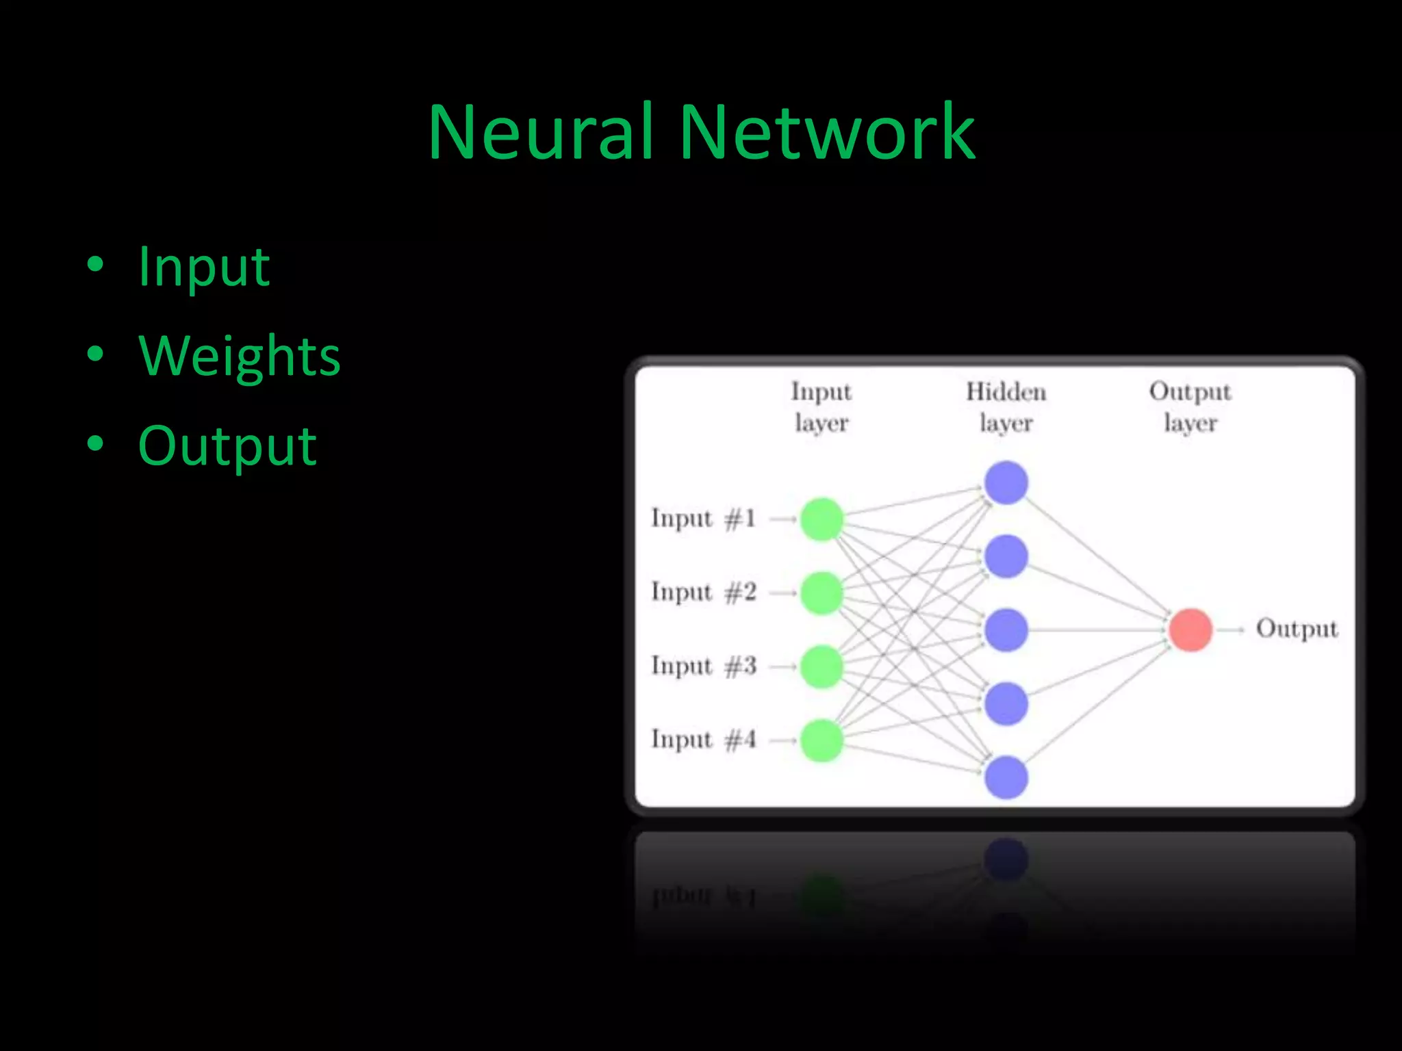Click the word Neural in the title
point(539,131)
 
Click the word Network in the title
point(827,131)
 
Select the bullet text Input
point(204,267)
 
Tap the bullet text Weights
point(240,356)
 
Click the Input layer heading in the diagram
point(821,407)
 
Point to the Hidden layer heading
point(1006,407)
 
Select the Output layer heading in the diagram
point(1190,407)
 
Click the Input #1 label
point(703,519)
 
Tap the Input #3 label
point(703,666)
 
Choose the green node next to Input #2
point(821,593)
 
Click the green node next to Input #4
point(821,740)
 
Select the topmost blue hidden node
point(1006,482)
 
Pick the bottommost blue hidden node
point(1006,777)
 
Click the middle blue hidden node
point(1006,630)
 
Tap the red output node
point(1190,630)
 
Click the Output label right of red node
point(1296,629)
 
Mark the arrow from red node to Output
point(1231,630)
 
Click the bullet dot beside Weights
point(95,354)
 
